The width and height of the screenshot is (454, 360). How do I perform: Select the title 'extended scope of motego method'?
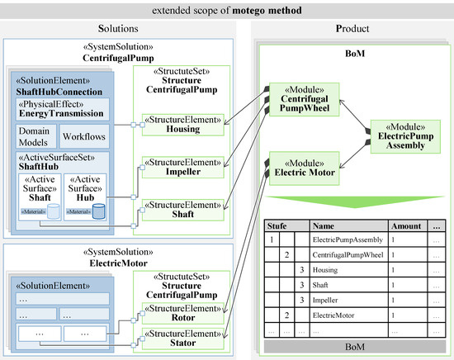pos(227,10)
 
